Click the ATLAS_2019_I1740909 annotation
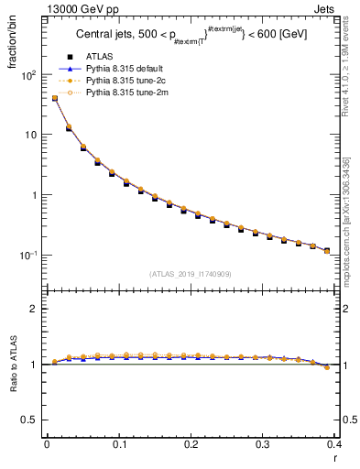(189, 273)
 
